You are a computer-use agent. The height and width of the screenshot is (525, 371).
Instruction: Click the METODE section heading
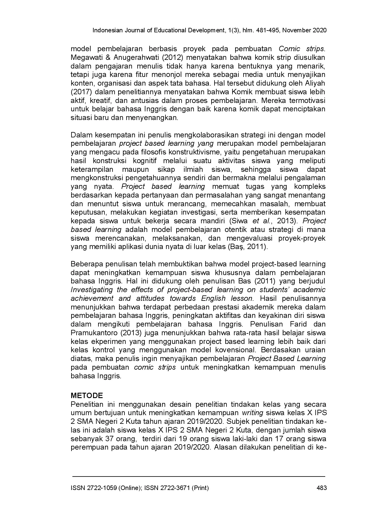87,396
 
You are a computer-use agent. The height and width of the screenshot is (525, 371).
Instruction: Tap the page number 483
321,488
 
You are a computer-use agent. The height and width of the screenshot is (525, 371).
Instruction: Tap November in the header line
297,30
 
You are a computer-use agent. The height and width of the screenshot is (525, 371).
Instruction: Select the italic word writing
253,413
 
